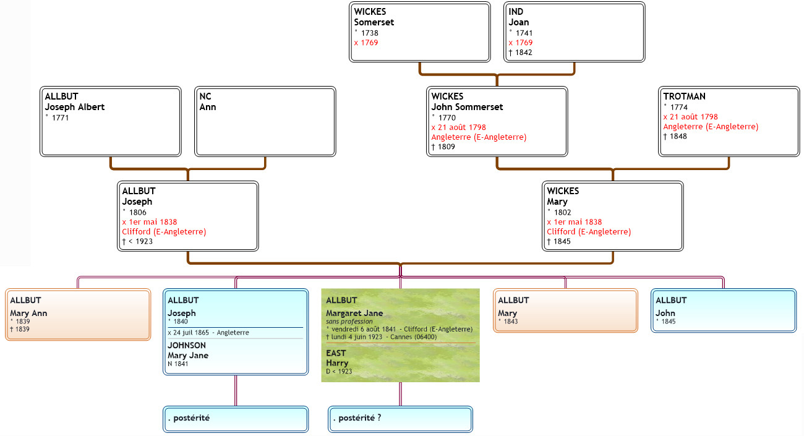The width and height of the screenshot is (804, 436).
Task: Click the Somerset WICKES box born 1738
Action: click(420, 32)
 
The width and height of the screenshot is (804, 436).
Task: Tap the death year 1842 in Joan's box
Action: click(520, 53)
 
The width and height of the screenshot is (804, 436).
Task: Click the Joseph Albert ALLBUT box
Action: click(111, 121)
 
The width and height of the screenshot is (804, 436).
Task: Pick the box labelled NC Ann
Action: click(265, 121)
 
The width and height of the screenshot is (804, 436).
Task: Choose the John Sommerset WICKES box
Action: click(497, 121)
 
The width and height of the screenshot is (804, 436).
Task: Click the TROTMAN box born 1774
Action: click(729, 121)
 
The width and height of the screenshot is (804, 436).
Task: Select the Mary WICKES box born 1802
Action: click(612, 216)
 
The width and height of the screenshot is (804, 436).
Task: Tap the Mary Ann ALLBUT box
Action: click(77, 314)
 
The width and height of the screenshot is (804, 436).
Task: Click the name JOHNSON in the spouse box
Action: click(187, 346)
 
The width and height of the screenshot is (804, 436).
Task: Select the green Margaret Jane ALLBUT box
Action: click(400, 335)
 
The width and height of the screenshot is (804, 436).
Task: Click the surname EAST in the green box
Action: click(336, 353)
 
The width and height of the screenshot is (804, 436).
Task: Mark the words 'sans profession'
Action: click(350, 322)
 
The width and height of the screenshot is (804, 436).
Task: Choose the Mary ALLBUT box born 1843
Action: click(565, 310)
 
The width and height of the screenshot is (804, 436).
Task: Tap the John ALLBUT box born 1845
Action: click(723, 310)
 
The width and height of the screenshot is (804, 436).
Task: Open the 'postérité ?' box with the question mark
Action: click(400, 419)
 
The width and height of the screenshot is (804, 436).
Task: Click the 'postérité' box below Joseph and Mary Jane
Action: click(236, 419)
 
